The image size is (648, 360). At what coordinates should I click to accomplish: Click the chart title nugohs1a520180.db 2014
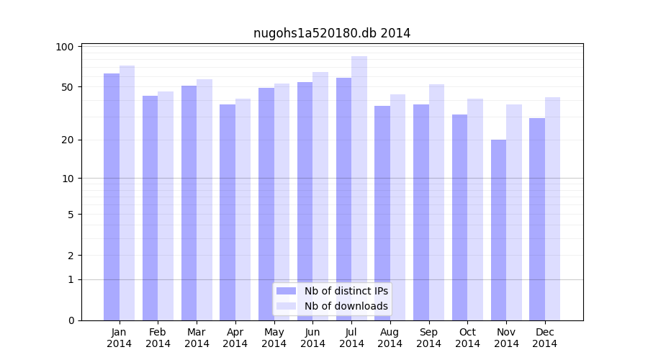(332, 33)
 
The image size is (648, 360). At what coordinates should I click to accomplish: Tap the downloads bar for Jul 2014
(359, 188)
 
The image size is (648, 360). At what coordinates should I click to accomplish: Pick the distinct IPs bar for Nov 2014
(498, 230)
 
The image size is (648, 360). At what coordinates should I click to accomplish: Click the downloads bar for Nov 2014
(514, 212)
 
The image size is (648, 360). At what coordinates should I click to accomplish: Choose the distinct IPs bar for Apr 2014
(228, 212)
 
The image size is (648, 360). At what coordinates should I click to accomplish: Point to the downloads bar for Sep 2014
(436, 202)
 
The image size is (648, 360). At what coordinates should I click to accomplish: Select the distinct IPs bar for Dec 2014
(537, 219)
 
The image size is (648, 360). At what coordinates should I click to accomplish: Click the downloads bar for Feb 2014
(166, 206)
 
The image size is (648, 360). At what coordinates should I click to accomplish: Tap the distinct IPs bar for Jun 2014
(305, 201)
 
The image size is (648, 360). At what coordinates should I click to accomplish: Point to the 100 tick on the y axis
(65, 47)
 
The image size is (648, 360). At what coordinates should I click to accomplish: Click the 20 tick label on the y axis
(68, 140)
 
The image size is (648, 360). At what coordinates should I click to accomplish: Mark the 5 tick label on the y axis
(71, 215)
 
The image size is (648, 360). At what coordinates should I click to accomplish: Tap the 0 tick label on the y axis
(71, 320)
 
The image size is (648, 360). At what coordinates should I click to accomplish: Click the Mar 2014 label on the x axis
(197, 338)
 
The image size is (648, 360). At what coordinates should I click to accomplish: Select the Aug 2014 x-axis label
(390, 338)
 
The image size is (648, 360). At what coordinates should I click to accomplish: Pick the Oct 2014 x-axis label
(467, 338)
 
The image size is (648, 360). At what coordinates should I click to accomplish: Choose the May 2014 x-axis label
(274, 338)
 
